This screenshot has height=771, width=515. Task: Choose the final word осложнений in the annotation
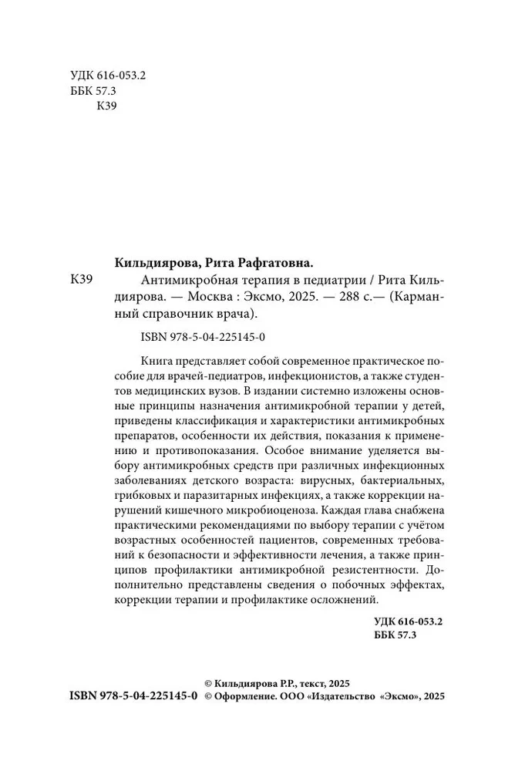pos(341,602)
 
